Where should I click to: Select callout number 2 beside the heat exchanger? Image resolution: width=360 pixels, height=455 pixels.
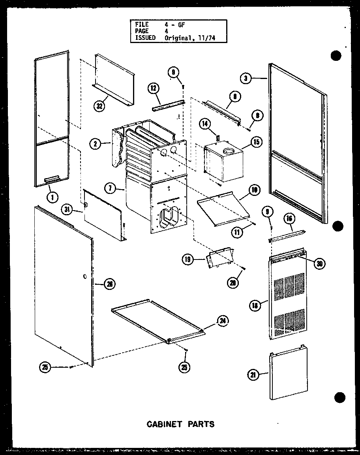(94, 144)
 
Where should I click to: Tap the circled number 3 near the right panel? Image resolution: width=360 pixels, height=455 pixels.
(246, 79)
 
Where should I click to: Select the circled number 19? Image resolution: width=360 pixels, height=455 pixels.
(187, 259)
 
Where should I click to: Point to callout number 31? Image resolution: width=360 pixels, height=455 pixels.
(67, 210)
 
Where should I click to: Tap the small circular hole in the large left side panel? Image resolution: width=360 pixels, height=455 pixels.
(86, 278)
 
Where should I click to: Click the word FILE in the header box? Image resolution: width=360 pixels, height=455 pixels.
(142, 24)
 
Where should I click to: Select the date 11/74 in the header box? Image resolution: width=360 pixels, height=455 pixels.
(207, 38)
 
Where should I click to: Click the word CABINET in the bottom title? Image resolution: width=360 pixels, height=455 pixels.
(164, 425)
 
